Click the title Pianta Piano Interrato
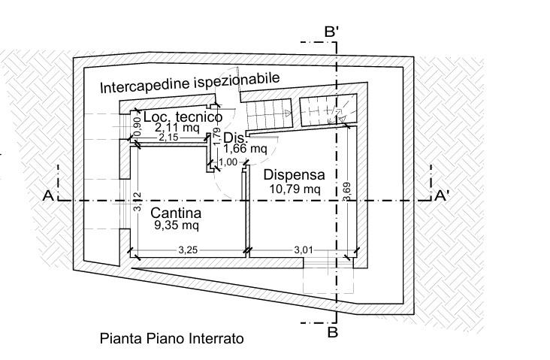pos(172,339)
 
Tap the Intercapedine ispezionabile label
pos(190,83)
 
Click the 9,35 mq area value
pos(177,225)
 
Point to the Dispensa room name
pos(295,174)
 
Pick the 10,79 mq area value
pos(295,189)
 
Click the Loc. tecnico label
pos(183,117)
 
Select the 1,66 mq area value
pos(243,149)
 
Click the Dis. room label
pos(235,137)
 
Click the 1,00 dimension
pos(228,162)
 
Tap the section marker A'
pos(442,196)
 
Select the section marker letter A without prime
pos(47,196)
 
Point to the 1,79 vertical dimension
pos(216,135)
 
